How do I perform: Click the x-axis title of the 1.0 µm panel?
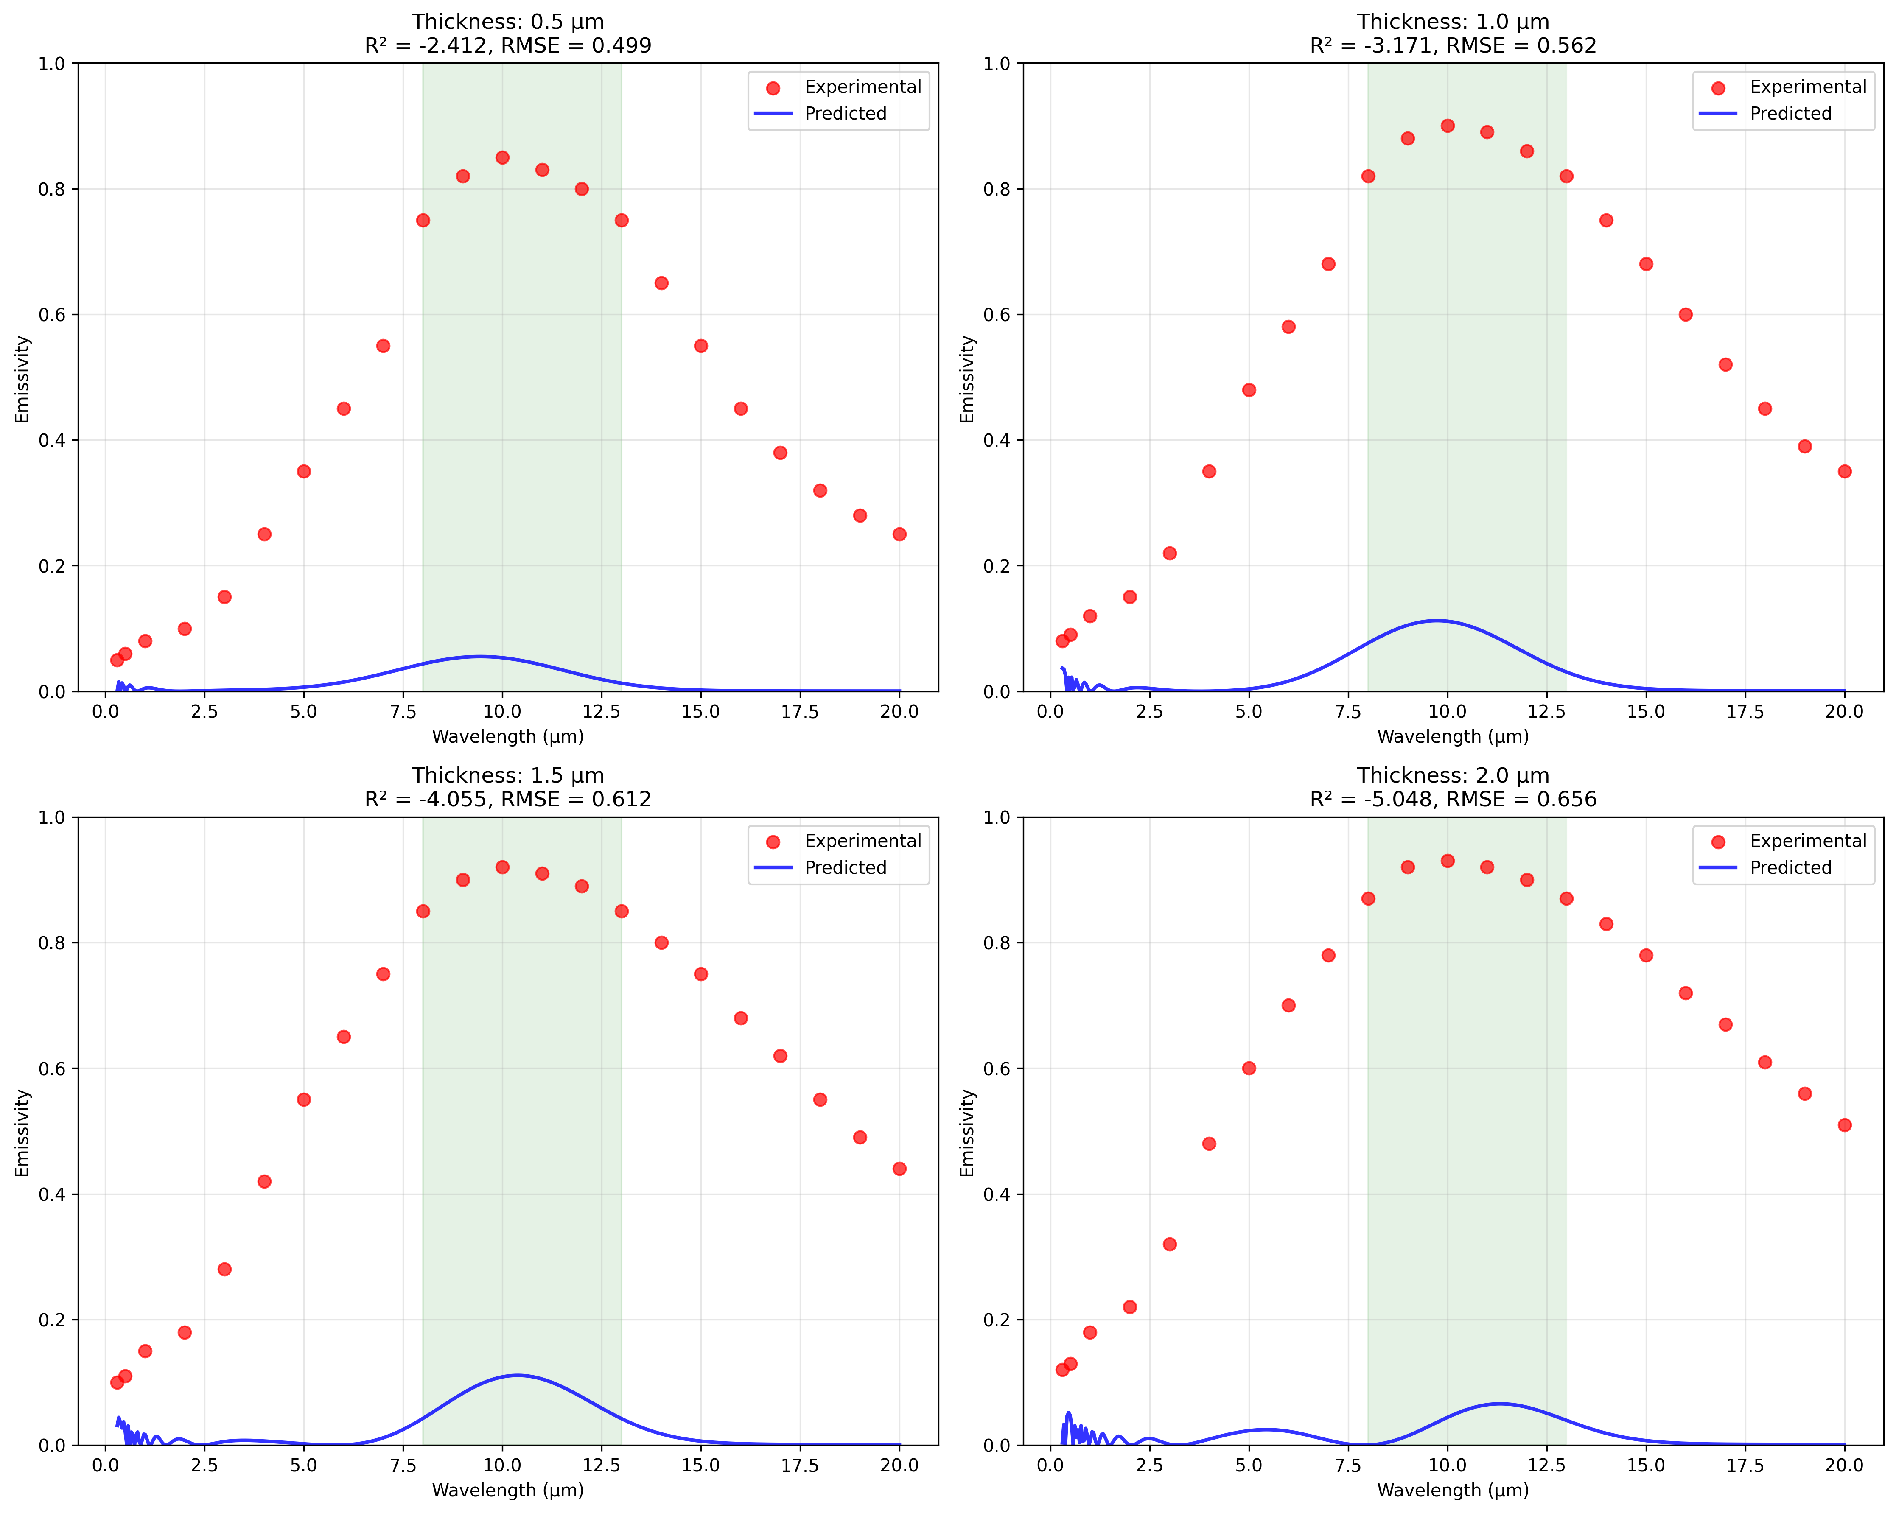point(1453,737)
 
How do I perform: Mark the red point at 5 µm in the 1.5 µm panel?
point(303,1100)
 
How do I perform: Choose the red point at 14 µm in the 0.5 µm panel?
point(661,283)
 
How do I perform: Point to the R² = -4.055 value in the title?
point(426,799)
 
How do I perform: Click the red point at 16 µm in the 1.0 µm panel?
point(1685,315)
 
